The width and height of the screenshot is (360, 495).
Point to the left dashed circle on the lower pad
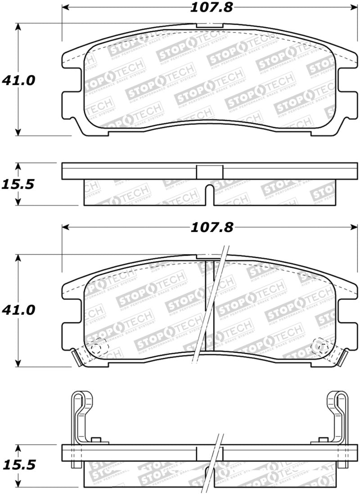coord(98,347)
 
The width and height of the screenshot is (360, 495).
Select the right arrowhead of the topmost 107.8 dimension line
coord(354,8)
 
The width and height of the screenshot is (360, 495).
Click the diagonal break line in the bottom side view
coord(216,464)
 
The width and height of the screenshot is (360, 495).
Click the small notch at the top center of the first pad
coord(210,25)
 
